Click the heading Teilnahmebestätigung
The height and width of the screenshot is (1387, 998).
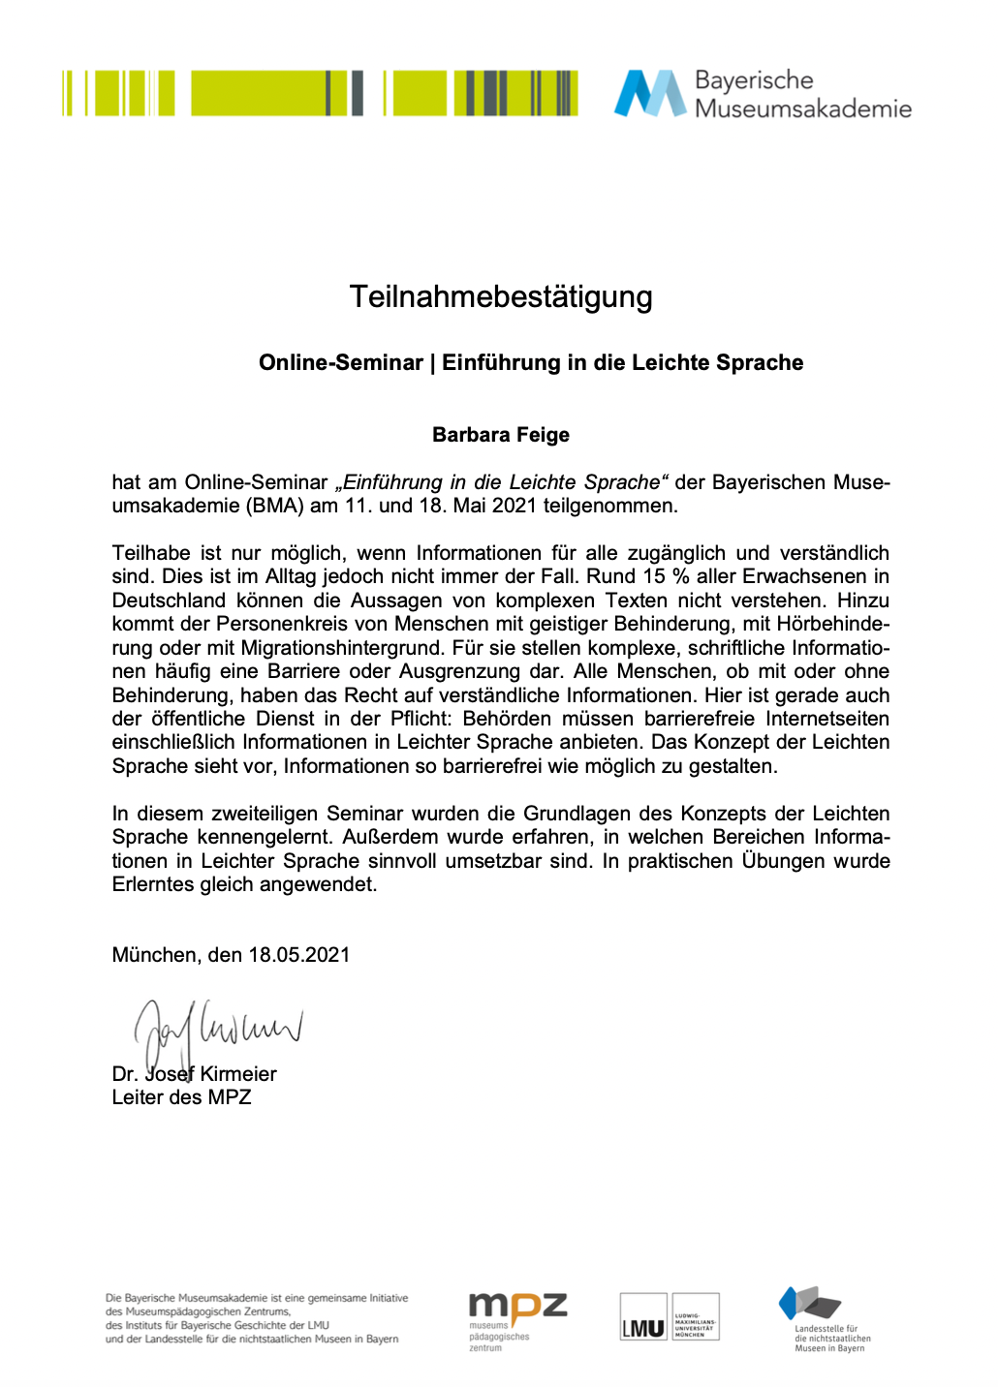coord(500,296)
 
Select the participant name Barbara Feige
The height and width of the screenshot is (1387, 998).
coord(500,435)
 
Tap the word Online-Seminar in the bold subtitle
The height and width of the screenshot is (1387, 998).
coord(340,362)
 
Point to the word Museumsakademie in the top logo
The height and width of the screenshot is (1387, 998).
coord(803,108)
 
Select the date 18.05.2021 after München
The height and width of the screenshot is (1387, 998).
coord(298,955)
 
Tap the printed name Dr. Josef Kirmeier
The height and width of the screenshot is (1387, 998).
coord(194,1074)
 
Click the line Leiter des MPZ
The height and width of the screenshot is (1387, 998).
coord(181,1097)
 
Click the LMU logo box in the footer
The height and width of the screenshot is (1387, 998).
coord(643,1318)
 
